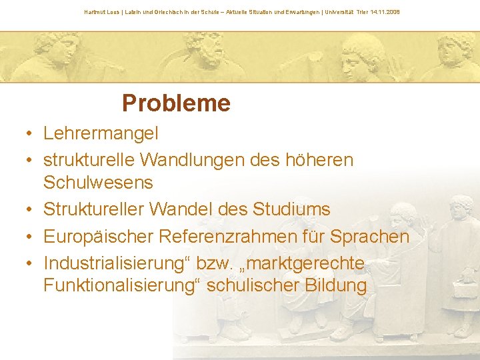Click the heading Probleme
coord(176,103)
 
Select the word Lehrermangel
coord(101,133)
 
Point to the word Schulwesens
coord(98,182)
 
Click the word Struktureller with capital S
coord(94,209)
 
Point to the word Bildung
coord(335,286)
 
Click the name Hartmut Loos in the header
coord(101,12)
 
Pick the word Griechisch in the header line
coord(161,12)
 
